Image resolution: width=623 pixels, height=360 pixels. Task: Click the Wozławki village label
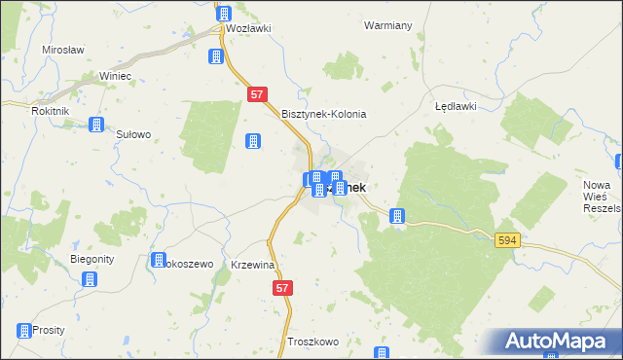[247, 29]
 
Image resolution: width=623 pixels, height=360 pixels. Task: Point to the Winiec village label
[115, 76]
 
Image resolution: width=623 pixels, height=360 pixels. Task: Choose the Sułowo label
[133, 135]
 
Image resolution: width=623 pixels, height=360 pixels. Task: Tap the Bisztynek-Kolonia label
[323, 114]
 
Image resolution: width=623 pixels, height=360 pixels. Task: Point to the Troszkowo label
[312, 342]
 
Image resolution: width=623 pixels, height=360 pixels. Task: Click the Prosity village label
[48, 330]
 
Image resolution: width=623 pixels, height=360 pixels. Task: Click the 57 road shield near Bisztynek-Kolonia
[257, 95]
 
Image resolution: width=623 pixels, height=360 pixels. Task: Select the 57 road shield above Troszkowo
[282, 288]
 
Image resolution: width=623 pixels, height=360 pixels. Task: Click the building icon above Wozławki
[224, 13]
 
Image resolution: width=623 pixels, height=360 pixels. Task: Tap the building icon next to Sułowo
[95, 125]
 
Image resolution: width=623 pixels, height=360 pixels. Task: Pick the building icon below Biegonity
[91, 280]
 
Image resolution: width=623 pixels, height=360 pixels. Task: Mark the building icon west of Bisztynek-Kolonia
[253, 141]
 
